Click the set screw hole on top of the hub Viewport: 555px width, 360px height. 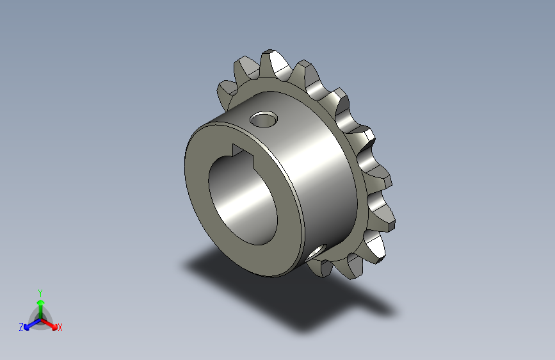point(264,119)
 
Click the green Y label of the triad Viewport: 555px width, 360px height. point(40,291)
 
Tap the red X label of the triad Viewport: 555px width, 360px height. point(60,328)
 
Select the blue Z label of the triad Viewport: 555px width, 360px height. point(21,327)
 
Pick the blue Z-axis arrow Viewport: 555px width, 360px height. point(30,324)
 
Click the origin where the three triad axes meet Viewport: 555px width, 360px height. point(40,318)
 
